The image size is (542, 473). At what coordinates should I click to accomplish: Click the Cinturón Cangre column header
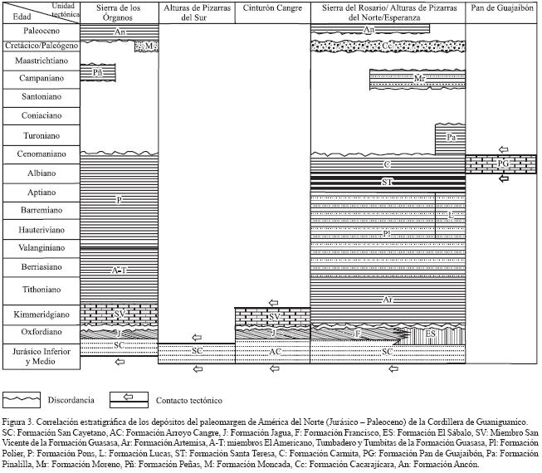[x=273, y=8]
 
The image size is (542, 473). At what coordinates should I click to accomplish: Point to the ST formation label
[x=387, y=180]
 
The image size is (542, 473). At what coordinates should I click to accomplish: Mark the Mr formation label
[x=420, y=80]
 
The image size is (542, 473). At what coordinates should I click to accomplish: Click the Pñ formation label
[x=98, y=73]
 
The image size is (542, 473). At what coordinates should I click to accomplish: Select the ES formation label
[x=430, y=334]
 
